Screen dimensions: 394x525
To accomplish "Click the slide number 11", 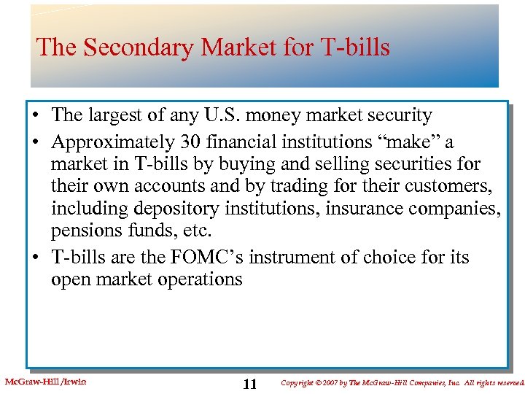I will tap(250, 385).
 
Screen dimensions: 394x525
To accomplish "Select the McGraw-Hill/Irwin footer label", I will tap(45, 380).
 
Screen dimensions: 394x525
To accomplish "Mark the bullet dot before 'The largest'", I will tap(36, 116).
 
